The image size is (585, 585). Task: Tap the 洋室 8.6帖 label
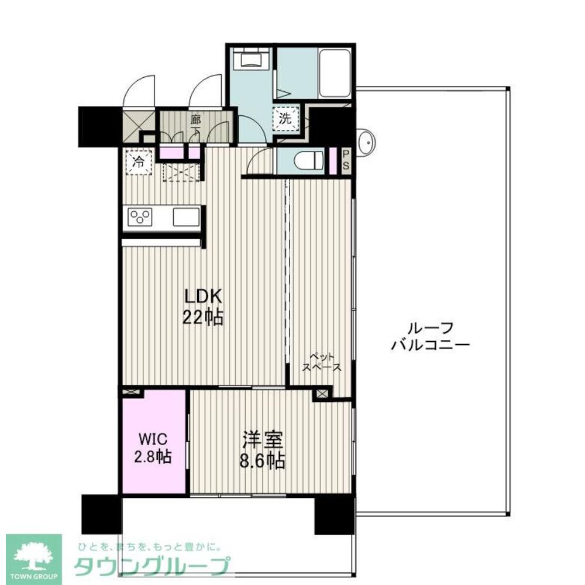(x=262, y=449)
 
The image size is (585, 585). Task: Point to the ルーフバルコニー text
(x=430, y=336)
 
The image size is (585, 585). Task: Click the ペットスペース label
(x=322, y=362)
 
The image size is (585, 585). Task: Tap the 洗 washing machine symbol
(x=286, y=119)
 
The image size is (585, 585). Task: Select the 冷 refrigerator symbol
(x=139, y=162)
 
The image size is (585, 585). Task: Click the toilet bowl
(x=309, y=161)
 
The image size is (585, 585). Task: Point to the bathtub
(x=335, y=74)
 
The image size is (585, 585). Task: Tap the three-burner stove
(x=140, y=216)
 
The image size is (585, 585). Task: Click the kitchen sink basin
(x=186, y=217)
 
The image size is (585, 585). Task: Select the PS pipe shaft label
(x=346, y=160)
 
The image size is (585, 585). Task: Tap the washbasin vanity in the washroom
(x=252, y=58)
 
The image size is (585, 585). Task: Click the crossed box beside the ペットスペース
(x=322, y=393)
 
